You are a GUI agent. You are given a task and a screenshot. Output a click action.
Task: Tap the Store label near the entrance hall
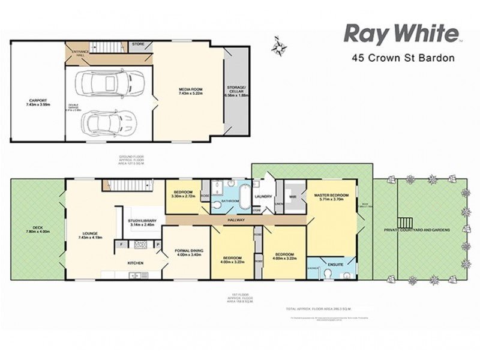tap(139, 44)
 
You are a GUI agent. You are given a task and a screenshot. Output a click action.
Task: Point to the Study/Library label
tap(142, 221)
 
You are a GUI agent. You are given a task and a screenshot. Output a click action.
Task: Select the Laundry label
tap(265, 197)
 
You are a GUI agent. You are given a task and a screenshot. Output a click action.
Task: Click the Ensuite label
tap(335, 262)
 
